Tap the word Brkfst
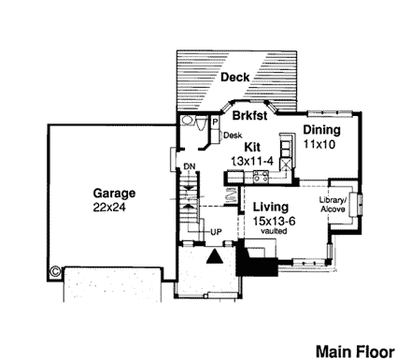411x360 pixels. coord(251,118)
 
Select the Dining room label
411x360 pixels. coord(320,131)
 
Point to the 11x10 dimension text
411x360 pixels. coord(319,145)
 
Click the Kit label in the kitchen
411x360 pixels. coord(252,147)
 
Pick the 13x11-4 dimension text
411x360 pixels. coord(251,161)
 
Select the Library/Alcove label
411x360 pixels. coord(333,206)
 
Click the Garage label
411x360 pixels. coord(112,194)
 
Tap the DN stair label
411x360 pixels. coord(188,166)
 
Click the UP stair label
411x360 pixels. coord(216,230)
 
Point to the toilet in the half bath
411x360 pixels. coord(188,122)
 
